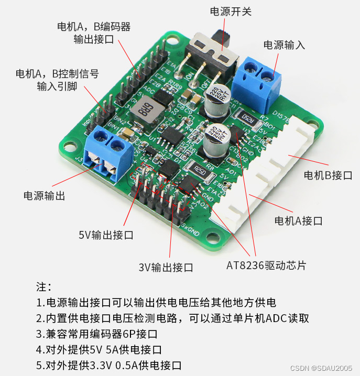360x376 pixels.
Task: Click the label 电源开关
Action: point(231,11)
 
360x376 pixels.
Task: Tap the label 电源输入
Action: point(284,45)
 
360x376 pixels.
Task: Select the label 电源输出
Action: point(45,196)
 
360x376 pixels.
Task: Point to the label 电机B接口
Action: point(328,174)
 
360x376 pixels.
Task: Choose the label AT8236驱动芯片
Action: point(266,265)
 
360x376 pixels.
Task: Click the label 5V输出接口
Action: point(106,235)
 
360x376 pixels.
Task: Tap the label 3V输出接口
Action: point(166,267)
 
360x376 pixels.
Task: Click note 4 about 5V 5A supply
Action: point(99,349)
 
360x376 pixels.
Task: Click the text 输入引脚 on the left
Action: point(57,86)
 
